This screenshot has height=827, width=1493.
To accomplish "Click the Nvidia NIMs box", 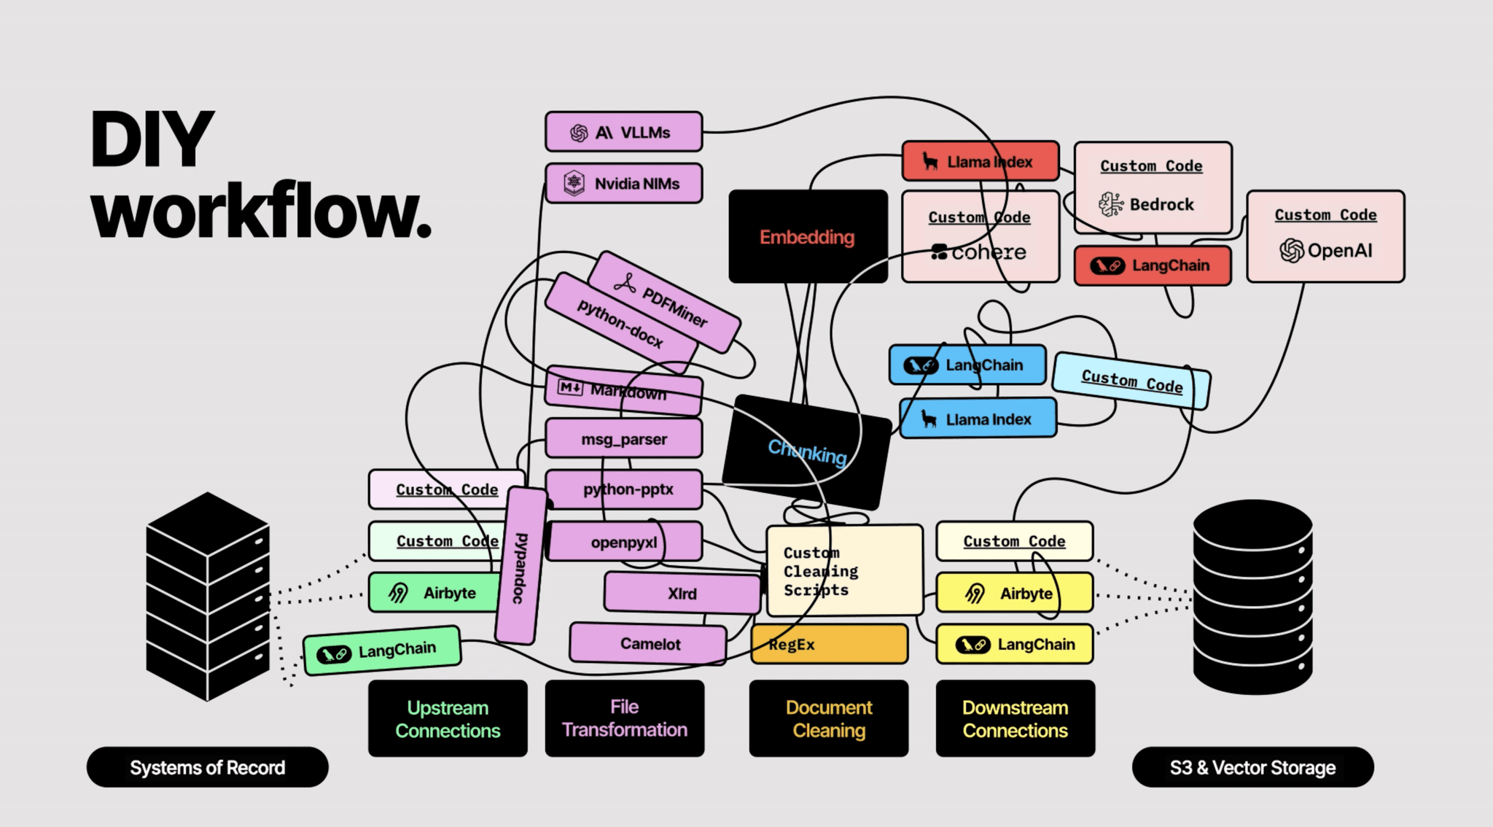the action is pyautogui.click(x=624, y=183).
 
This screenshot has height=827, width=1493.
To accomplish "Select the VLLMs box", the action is pyautogui.click(x=624, y=132).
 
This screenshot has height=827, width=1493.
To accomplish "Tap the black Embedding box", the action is pyautogui.click(x=808, y=236).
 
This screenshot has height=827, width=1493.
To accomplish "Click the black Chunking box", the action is pyautogui.click(x=808, y=452).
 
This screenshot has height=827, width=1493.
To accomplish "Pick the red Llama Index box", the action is pyautogui.click(x=981, y=161).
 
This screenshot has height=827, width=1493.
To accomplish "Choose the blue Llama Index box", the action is pyautogui.click(x=978, y=419).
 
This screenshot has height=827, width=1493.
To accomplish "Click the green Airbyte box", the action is pyautogui.click(x=434, y=592).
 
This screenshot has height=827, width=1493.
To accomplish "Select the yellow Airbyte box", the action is pyautogui.click(x=1015, y=593).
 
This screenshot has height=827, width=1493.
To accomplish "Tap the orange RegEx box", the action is pyautogui.click(x=830, y=644).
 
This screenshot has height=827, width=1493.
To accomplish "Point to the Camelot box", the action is pyautogui.click(x=648, y=644).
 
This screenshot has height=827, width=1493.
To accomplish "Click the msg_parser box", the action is pyautogui.click(x=624, y=439).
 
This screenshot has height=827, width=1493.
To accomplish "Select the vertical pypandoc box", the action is pyautogui.click(x=521, y=567).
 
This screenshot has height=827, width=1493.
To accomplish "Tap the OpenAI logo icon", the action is pyautogui.click(x=1292, y=250).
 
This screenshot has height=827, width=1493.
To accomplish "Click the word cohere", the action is pyautogui.click(x=989, y=252).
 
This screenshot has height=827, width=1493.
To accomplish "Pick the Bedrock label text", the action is pyautogui.click(x=1162, y=204).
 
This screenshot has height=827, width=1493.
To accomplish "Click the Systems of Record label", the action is pyautogui.click(x=208, y=767).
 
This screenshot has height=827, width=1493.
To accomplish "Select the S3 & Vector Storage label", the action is pyautogui.click(x=1253, y=767).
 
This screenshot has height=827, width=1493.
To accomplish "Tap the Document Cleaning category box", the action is pyautogui.click(x=829, y=718).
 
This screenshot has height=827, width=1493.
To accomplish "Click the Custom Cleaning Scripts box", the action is pyautogui.click(x=845, y=570).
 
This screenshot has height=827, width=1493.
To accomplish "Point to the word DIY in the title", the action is pyautogui.click(x=152, y=139).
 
